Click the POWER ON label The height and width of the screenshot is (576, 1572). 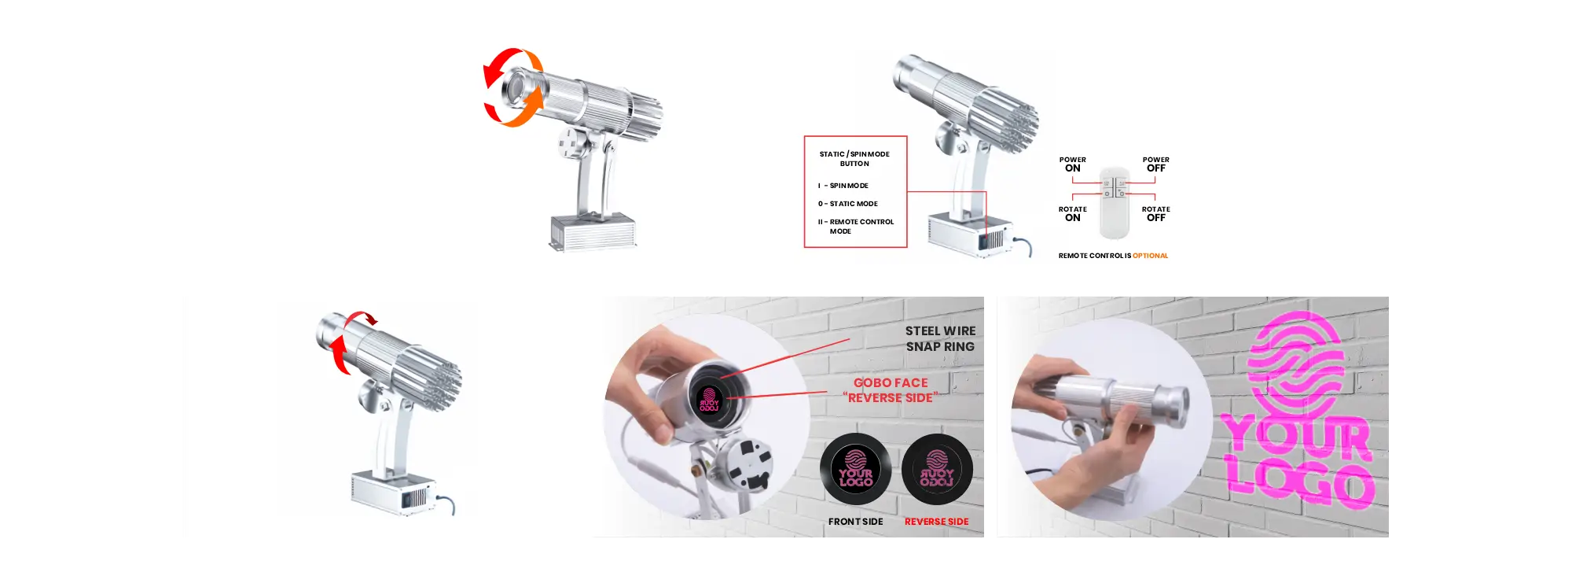pos(1072,164)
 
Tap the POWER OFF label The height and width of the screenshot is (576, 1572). pos(1155,164)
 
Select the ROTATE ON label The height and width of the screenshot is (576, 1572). pos(1072,214)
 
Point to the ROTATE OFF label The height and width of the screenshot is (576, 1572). pos(1155,214)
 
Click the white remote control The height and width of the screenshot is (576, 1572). pos(1114,202)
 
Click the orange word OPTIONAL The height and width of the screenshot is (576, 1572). pos(1150,256)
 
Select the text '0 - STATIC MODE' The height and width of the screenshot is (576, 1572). pos(847,204)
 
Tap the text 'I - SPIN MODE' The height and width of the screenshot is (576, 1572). pos(843,186)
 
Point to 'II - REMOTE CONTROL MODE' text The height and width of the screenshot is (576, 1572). pos(855,227)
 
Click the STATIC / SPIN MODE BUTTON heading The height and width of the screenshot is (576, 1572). pos(854,159)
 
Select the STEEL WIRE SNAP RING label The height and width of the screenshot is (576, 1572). pos(940,339)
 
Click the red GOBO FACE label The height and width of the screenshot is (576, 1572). pos(891,390)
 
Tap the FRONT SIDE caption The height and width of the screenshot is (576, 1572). pos(855,522)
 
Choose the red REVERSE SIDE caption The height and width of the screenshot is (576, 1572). pos(936,522)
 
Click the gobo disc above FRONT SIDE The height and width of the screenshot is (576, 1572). pos(855,469)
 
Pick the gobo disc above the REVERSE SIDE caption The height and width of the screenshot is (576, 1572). pos(937,469)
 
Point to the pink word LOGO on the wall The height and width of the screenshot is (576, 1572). pos(1301,483)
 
